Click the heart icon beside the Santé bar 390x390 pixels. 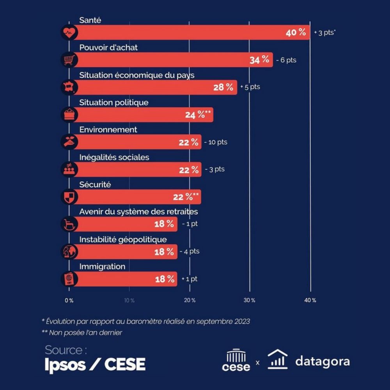click(x=69, y=33)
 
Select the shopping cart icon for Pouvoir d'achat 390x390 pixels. click(x=69, y=60)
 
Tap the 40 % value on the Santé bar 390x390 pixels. click(x=296, y=33)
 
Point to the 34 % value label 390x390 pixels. click(x=259, y=60)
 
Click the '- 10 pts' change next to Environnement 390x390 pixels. click(x=215, y=142)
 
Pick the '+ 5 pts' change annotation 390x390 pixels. click(x=250, y=87)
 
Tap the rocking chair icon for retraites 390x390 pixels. click(x=69, y=224)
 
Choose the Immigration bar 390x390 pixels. click(x=125, y=279)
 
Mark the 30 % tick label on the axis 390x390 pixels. click(x=250, y=300)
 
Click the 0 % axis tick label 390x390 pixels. click(x=69, y=300)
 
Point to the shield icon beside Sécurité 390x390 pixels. click(x=69, y=197)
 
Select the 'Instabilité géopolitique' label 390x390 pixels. click(x=123, y=239)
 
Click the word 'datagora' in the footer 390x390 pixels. click(x=323, y=361)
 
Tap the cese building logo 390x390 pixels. click(x=236, y=360)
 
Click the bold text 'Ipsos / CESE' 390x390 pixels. click(x=95, y=364)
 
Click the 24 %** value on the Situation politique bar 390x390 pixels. click(x=197, y=115)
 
